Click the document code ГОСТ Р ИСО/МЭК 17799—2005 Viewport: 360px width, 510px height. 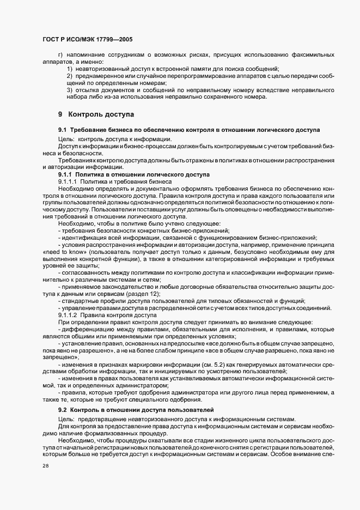pos(87,40)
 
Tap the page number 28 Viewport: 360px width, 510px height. pos(45,467)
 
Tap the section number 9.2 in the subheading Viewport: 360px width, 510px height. pos(63,409)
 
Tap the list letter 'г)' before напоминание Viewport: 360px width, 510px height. pos(60,54)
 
